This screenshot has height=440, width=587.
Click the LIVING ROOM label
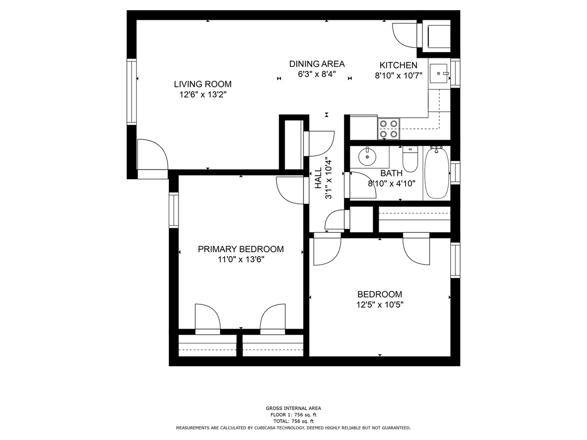click(x=202, y=84)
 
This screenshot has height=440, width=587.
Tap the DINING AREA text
click(x=316, y=64)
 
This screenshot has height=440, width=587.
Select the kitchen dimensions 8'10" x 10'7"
click(x=398, y=76)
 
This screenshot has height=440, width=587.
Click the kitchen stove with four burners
click(x=388, y=128)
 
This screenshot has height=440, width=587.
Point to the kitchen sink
click(x=439, y=73)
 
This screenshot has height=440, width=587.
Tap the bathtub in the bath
click(x=436, y=173)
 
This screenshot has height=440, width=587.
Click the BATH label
click(x=391, y=173)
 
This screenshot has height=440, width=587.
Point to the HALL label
click(x=318, y=178)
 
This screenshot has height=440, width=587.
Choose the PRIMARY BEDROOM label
click(x=241, y=249)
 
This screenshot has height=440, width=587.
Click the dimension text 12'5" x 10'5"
click(x=380, y=305)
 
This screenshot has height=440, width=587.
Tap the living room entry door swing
click(x=153, y=156)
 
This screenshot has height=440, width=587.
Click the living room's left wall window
click(x=132, y=92)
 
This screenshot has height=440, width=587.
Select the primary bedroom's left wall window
click(x=173, y=210)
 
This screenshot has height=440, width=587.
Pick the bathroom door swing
click(x=363, y=184)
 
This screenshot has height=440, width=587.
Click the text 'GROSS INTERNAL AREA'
click(x=293, y=408)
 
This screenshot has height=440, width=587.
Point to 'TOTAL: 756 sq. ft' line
click(x=293, y=421)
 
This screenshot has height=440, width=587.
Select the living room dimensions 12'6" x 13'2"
click(x=202, y=95)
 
